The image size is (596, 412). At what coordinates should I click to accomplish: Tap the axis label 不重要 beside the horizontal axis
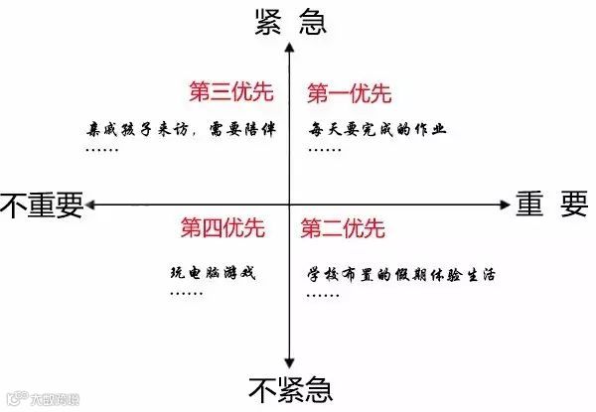[42, 204]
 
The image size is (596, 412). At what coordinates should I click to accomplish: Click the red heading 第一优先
[349, 93]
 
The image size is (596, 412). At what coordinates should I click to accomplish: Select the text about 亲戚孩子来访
[185, 129]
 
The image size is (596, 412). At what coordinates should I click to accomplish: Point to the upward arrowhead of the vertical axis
[288, 46]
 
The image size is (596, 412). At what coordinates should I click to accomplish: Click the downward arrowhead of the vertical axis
[288, 364]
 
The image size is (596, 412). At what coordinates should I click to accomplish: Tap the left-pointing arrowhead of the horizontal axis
[90, 204]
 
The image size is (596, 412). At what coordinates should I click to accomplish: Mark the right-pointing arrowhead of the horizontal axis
[503, 204]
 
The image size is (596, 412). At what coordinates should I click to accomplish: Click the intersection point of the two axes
[288, 204]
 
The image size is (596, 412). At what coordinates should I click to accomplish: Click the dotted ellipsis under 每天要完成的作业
[324, 150]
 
